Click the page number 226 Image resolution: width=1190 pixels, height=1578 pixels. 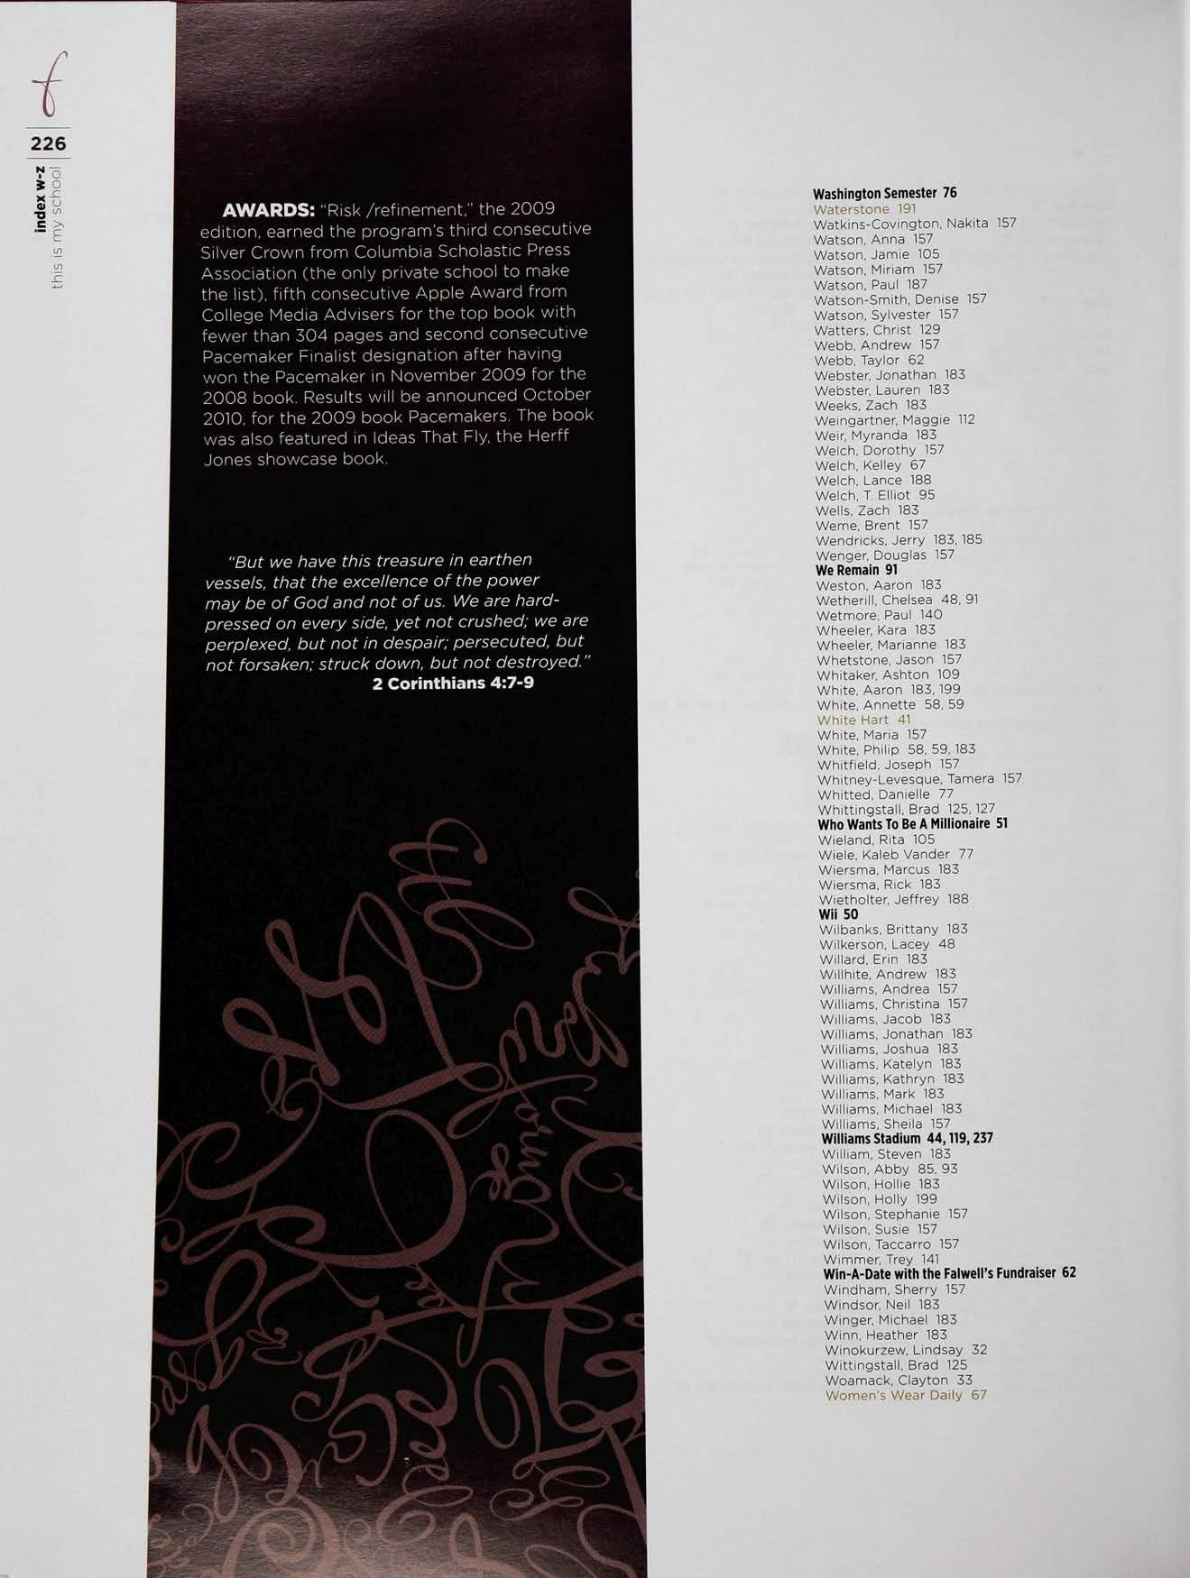pos(48,143)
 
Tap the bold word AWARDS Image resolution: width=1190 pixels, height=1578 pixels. pos(268,211)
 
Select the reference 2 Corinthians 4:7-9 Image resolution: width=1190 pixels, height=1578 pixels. pos(453,683)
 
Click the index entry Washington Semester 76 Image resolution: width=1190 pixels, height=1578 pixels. pos(884,194)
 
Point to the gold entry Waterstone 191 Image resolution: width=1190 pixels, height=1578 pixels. pos(864,209)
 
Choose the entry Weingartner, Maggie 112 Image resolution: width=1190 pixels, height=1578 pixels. pos(894,419)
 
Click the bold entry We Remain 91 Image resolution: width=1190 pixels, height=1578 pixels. pos(856,570)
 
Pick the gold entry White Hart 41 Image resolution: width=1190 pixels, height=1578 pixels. pos(863,720)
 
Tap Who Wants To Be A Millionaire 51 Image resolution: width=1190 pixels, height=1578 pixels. pos(912,824)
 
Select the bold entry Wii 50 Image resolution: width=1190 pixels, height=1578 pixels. pos(838,914)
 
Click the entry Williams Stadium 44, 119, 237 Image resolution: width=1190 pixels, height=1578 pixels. pos(907,1139)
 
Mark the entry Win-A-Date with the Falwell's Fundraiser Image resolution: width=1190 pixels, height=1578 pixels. pos(949,1274)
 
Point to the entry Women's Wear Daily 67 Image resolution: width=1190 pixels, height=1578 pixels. pos(906,1395)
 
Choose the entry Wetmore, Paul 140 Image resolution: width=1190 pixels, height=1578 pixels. pos(879,615)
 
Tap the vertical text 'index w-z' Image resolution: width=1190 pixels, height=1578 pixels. pos(41,199)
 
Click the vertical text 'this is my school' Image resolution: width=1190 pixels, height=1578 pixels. pos(58,226)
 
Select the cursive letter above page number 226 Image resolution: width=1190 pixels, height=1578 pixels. pos(50,86)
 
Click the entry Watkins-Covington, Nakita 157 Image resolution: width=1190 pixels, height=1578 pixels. pos(914,224)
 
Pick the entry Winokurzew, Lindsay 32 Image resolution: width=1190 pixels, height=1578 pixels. pos(905,1350)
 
